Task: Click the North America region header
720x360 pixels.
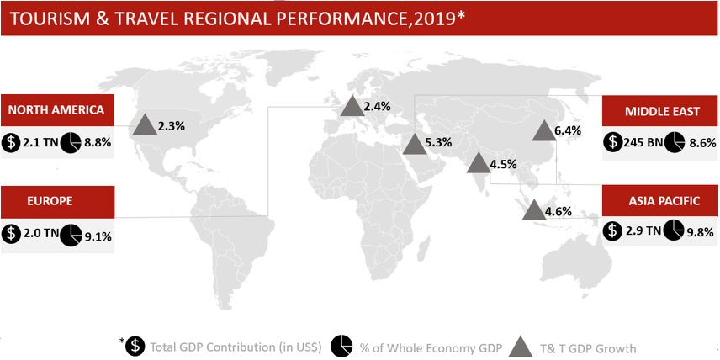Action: pos(57,110)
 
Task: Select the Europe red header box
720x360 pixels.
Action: pos(57,202)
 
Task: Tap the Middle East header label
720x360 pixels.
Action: pos(661,112)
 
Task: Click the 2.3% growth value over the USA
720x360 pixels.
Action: pos(172,126)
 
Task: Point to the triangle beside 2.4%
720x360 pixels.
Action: pos(352,106)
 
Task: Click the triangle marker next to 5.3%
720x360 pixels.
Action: pos(414,144)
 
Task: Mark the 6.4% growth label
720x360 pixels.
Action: pos(568,131)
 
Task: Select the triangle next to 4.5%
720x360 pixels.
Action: pos(478,163)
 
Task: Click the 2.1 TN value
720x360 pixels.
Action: pos(40,143)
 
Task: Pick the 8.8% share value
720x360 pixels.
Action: pos(98,143)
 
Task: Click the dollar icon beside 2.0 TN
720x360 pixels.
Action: pos(10,234)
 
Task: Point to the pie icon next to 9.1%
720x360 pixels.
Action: pos(71,234)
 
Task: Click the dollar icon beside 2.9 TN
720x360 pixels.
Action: pos(611,230)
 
